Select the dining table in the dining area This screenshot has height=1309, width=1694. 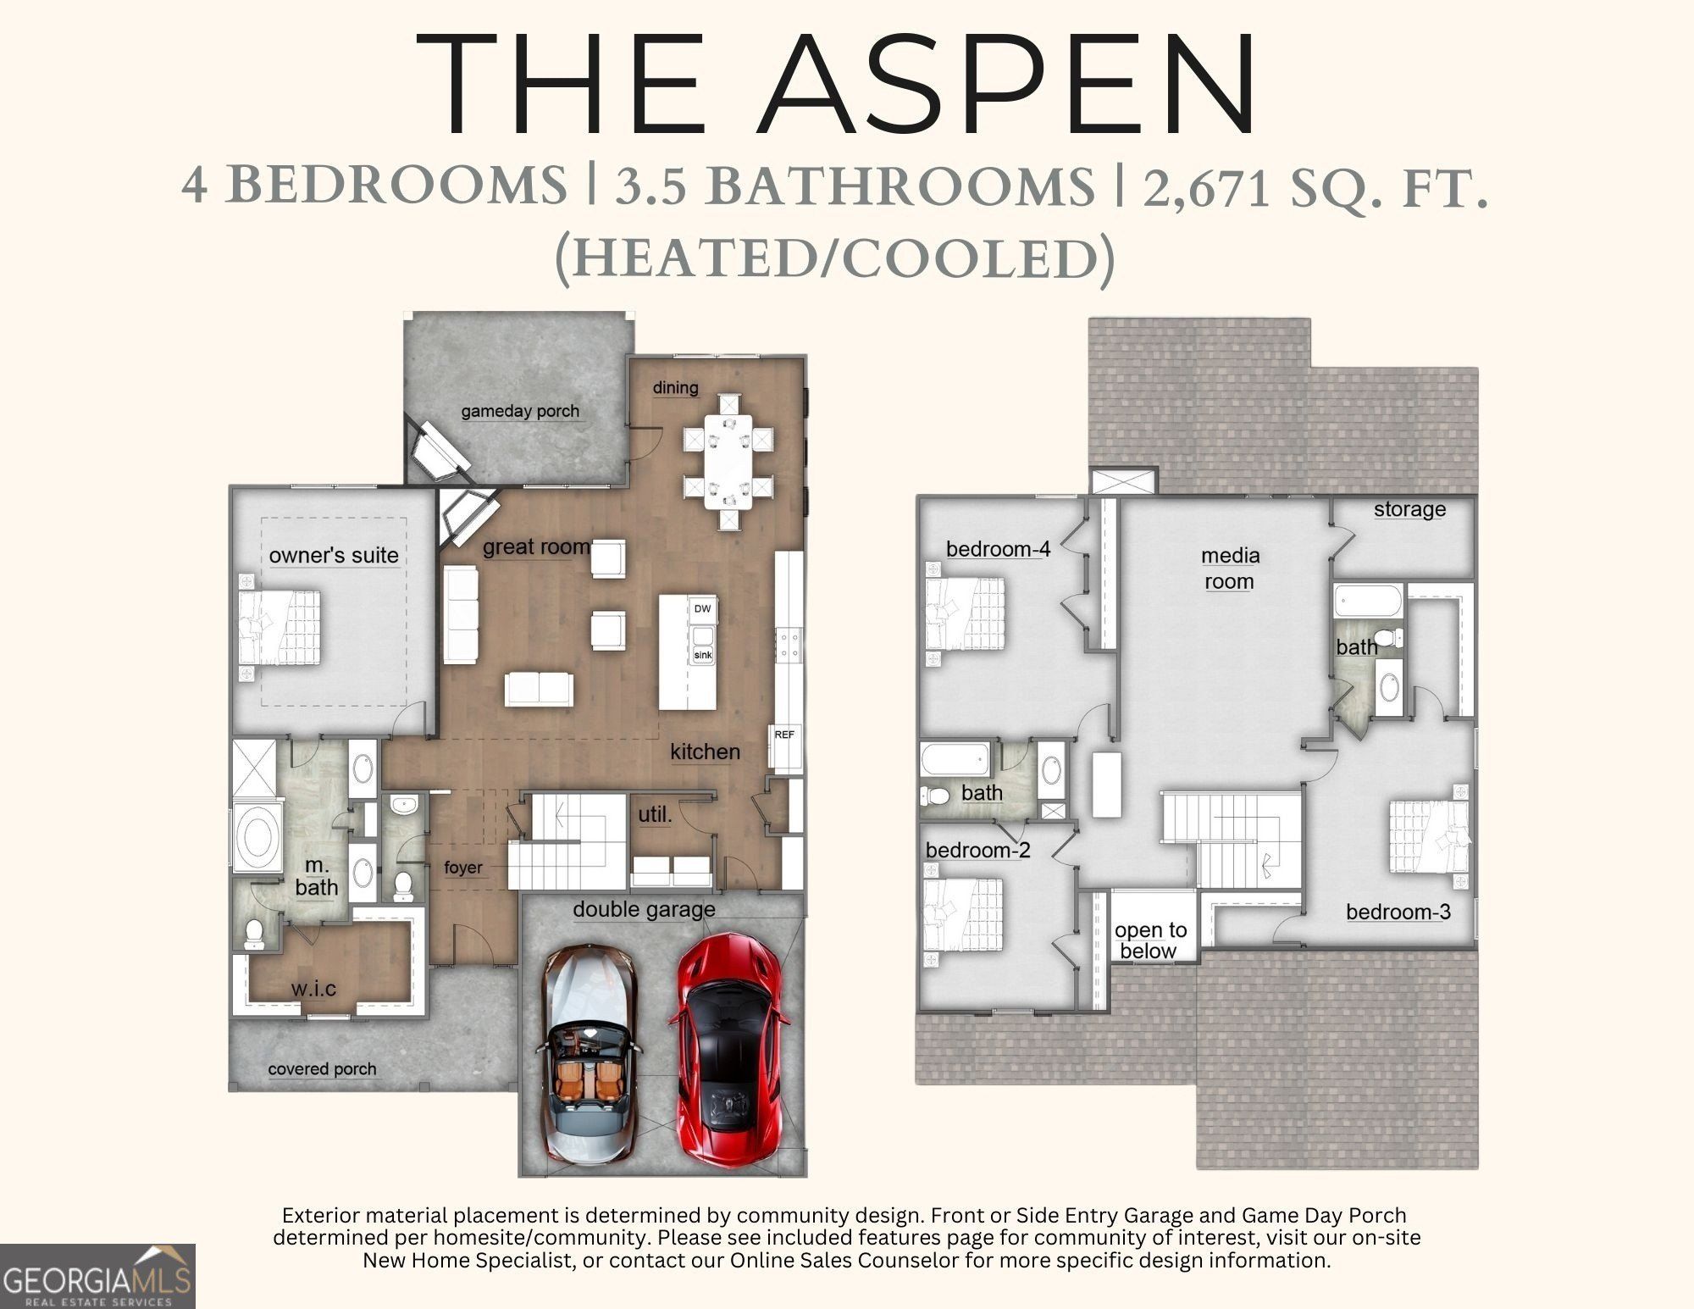pos(728,462)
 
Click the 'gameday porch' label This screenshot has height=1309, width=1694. pos(520,412)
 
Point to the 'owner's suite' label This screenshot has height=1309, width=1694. pos(334,556)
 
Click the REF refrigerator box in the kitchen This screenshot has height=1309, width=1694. pos(784,735)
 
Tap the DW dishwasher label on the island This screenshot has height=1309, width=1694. pos(702,608)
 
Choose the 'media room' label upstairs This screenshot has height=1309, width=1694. pos(1230,569)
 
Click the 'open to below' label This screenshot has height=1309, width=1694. pos(1150,940)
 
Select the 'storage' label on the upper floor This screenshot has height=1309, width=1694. pos(1409,509)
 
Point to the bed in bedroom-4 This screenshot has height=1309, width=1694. pos(966,615)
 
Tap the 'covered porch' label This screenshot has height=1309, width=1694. pos(322,1069)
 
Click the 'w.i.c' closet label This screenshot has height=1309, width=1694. pos(313,989)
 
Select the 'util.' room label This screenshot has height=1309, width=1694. pos(655,815)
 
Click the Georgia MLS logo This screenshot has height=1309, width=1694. pos(97,1276)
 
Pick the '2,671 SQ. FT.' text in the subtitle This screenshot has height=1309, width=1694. pos(1315,187)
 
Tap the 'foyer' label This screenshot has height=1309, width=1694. pos(462,868)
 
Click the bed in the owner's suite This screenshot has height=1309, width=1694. pos(280,628)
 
